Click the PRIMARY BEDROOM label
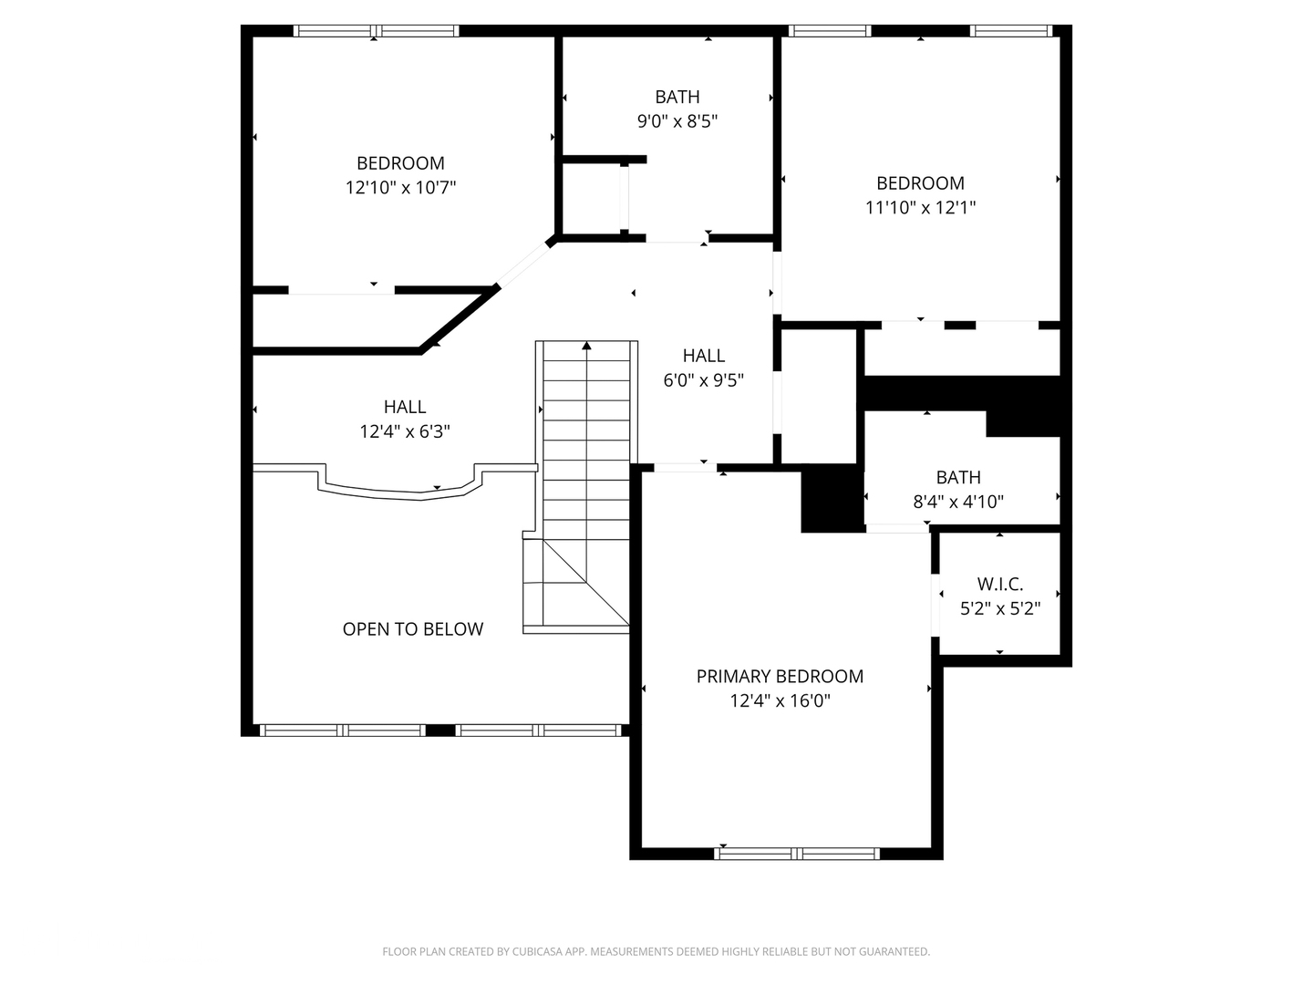point(780,676)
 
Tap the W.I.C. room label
point(1000,584)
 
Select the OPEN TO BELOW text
point(413,628)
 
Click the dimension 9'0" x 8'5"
point(677,120)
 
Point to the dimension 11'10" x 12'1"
point(920,207)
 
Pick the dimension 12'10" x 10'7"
point(400,187)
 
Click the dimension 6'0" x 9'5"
point(703,379)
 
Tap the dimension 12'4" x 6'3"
point(405,430)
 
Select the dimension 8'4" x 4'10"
point(958,501)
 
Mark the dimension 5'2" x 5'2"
point(1000,608)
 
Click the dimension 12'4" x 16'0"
point(780,700)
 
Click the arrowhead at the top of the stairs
point(586,346)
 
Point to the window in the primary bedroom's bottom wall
point(797,854)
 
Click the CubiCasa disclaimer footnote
point(656,951)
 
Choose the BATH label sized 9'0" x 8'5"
point(677,97)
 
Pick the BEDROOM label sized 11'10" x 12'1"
point(920,182)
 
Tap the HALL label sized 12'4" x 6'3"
point(405,407)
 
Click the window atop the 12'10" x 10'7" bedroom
point(376,31)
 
